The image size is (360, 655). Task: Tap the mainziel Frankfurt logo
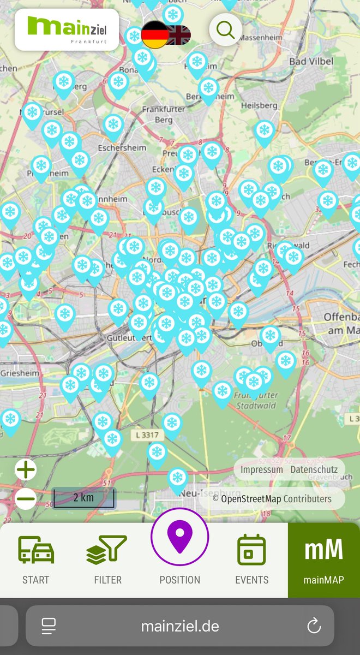67,30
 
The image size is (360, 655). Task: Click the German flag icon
154,34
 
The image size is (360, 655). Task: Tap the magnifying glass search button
226,29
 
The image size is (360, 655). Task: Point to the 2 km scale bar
84,498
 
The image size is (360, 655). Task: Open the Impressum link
262,469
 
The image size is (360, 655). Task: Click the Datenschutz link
314,469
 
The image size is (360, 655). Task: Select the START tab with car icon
36,559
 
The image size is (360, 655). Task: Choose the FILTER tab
107,559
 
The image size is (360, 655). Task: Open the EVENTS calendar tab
251,559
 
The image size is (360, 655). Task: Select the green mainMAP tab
324,559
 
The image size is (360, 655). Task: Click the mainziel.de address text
180,626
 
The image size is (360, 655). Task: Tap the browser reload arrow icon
314,626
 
